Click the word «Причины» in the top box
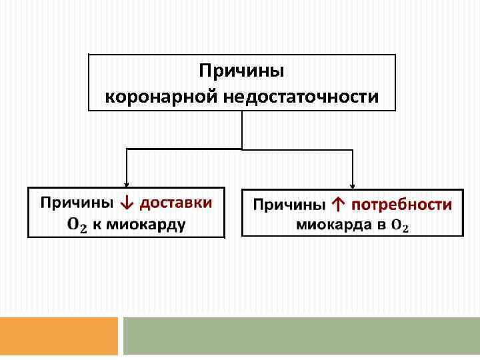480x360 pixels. [x=242, y=71]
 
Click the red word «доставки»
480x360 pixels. [x=176, y=202]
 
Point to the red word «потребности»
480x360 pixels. [x=402, y=205]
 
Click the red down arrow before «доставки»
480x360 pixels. [x=127, y=202]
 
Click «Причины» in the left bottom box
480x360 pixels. [x=77, y=202]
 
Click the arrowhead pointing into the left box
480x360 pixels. [x=127, y=185]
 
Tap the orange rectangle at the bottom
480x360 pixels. [x=59, y=336]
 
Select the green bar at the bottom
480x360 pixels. [x=301, y=336]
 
